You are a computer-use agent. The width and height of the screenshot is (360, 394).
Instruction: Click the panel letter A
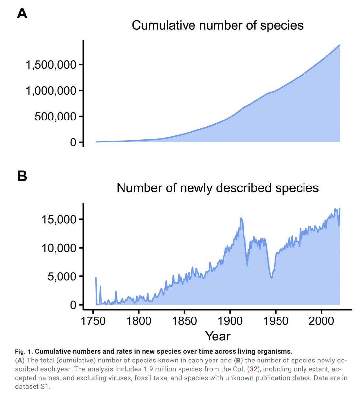tap(22, 14)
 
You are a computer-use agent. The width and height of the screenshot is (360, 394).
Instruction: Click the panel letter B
tap(22, 176)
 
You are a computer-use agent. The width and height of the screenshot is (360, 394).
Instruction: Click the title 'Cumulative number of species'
tap(217, 25)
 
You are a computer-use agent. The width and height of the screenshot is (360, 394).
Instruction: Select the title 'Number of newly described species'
tap(217, 188)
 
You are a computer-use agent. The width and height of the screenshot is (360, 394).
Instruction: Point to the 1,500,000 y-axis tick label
tap(51, 65)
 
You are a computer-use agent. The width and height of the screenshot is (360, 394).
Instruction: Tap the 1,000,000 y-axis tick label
tap(51, 91)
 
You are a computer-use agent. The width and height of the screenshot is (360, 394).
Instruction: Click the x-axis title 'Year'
tap(217, 336)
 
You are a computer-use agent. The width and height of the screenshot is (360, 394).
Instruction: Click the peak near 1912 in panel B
tap(241, 218)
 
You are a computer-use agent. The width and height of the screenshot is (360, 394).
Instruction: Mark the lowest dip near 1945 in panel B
tap(271, 278)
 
